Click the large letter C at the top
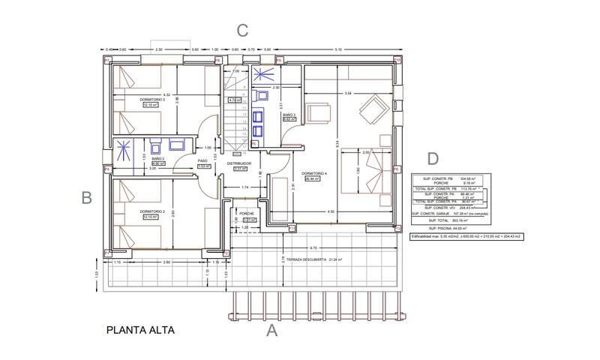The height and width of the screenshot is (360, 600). [241, 31]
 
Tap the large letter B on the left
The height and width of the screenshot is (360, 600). [86, 198]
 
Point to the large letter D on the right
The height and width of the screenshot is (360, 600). [433, 158]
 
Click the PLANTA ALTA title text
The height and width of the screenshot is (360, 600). [141, 329]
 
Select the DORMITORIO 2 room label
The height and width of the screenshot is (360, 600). [152, 212]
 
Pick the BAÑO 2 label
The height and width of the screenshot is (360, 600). [157, 159]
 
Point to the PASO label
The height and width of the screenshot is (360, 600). [202, 160]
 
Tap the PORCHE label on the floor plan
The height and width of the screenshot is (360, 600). [247, 213]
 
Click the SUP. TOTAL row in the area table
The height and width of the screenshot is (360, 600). [448, 220]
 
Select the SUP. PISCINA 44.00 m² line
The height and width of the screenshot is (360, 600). [448, 227]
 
